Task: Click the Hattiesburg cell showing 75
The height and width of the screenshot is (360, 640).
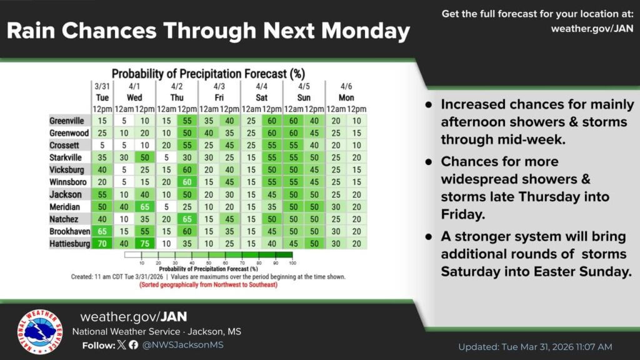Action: pos(145,244)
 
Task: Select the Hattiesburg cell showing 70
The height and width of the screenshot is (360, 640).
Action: pos(102,244)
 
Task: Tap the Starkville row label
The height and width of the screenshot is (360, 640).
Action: pos(66,157)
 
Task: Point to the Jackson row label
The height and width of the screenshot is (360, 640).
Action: pos(66,194)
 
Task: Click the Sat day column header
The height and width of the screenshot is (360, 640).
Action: pos(262,97)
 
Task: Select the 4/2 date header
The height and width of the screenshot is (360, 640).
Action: pos(177,86)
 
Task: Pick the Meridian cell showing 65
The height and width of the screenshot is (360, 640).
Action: pos(145,207)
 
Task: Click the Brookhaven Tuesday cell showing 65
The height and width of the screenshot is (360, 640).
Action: pos(102,231)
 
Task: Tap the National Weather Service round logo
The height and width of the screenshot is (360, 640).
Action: pos(40,331)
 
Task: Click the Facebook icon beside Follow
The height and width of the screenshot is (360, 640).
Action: pos(134,345)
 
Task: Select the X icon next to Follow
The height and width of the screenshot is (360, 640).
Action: pos(122,345)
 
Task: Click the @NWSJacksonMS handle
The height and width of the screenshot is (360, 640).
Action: pos(183,345)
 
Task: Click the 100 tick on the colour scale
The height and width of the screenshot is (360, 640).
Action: pos(292,263)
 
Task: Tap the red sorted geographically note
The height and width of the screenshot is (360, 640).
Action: pos(209,285)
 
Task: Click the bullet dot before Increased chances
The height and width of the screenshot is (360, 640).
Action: pos(429,105)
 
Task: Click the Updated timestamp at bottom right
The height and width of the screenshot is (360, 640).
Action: pos(535,347)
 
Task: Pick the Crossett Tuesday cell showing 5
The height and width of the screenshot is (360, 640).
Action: pos(102,145)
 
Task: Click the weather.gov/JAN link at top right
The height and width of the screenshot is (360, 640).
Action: pos(592,29)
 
